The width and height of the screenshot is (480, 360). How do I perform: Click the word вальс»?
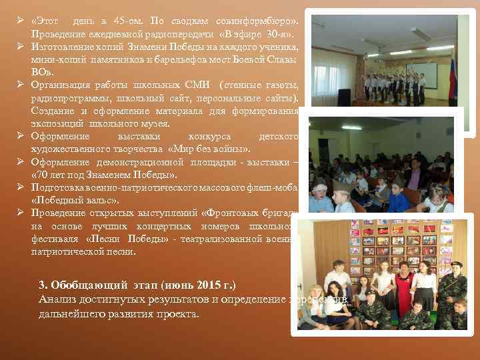coord(99,199)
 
